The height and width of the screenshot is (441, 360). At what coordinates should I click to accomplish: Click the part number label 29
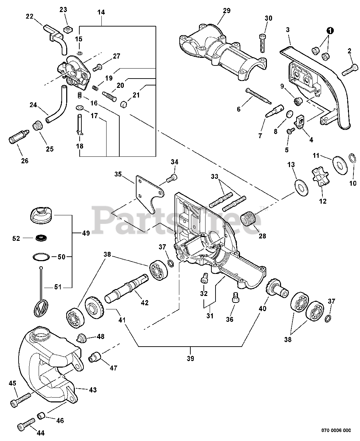[x=227, y=11]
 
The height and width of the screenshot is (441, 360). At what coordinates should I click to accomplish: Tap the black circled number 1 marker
[x=330, y=31]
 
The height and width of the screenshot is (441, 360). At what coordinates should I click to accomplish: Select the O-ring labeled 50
[x=41, y=257]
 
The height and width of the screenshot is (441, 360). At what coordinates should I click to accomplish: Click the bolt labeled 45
[x=20, y=400]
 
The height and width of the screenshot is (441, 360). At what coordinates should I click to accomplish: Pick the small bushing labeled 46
[x=42, y=416]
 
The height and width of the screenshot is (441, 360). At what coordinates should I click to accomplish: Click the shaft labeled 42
[x=127, y=288]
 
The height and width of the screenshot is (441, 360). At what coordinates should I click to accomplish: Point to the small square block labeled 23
[x=67, y=30]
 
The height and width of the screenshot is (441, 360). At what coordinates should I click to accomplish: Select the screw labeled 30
[x=263, y=43]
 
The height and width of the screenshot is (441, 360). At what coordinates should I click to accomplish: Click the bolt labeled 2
[x=350, y=70]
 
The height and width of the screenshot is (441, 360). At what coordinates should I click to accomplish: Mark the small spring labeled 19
[x=96, y=88]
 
